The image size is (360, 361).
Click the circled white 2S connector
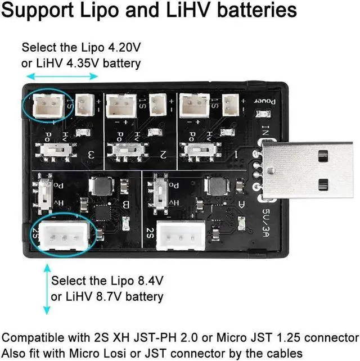click(59, 236)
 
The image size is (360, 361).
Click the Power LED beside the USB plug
click(260, 115)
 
